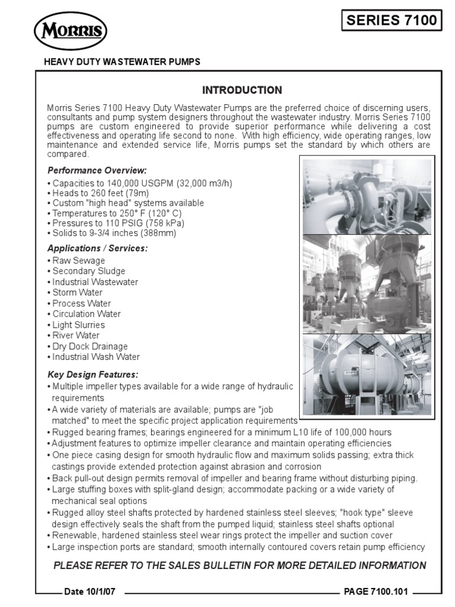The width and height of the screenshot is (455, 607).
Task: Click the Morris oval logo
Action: [x=71, y=31]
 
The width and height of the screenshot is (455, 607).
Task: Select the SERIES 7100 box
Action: [x=392, y=21]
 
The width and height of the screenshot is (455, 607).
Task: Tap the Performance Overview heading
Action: [x=96, y=171]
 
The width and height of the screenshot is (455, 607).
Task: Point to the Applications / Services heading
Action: [x=97, y=248]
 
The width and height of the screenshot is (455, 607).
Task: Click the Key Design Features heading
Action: [x=92, y=375]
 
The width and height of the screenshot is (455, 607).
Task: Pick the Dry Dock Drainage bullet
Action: [x=89, y=346]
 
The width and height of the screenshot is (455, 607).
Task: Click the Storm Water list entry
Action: [x=77, y=292]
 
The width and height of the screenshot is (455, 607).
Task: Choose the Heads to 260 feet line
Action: [x=100, y=193]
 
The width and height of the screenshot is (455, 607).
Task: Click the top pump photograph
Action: [x=367, y=196]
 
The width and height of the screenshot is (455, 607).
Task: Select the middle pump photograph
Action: [x=367, y=283]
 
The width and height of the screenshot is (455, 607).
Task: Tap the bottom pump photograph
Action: [x=367, y=374]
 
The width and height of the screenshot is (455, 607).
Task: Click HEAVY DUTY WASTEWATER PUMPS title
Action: [x=123, y=62]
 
